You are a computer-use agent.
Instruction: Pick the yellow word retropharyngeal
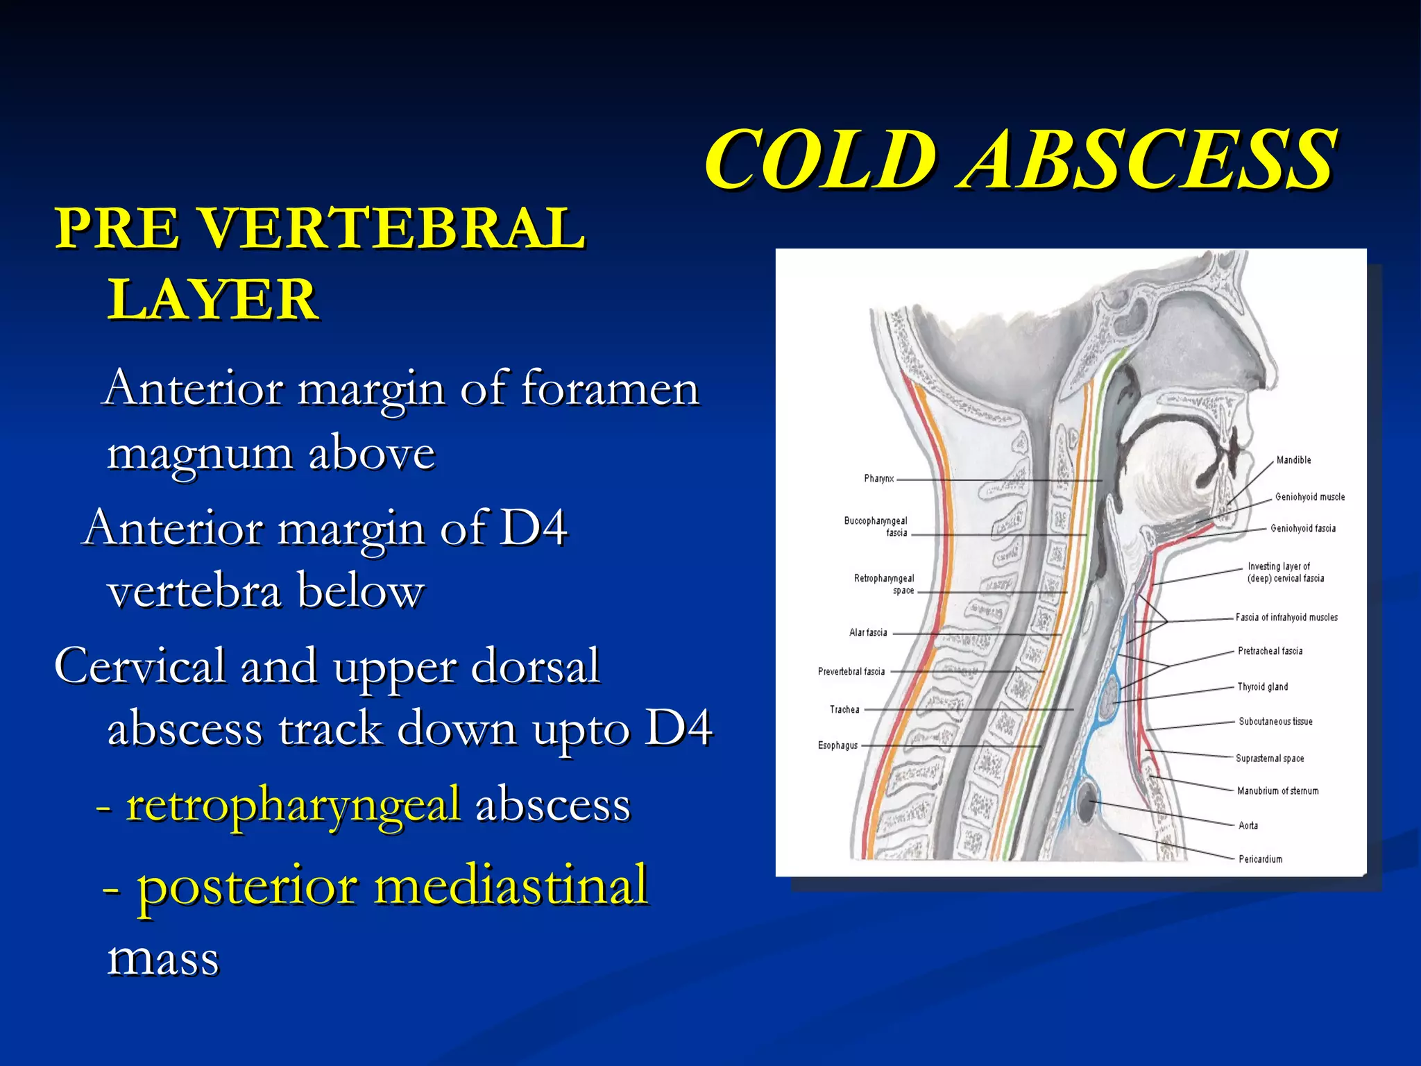pos(293,805)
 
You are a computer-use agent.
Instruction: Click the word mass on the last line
pos(163,959)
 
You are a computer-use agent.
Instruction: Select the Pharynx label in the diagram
pos(878,478)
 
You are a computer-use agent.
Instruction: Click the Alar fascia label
pos(867,632)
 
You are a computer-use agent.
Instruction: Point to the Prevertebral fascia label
pos(851,671)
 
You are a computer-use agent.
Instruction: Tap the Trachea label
pos(844,709)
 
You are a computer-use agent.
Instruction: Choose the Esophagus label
pos(837,745)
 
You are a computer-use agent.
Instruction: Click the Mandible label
pos(1293,460)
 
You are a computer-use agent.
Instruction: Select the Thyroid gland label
pos(1262,686)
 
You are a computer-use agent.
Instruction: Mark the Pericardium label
pos(1260,859)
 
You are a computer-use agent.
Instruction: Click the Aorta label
pos(1248,825)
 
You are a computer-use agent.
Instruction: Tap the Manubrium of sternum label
pos(1277,790)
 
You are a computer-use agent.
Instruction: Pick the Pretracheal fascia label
pos(1270,651)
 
